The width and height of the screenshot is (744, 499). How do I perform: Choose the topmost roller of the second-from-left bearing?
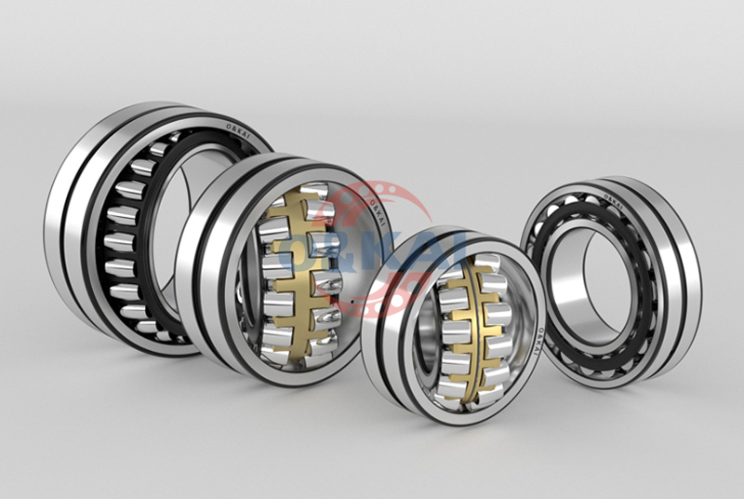[312, 190]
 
